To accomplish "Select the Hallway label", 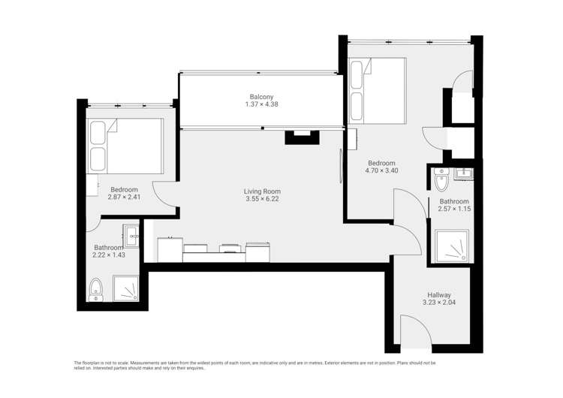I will pyautogui.click(x=439, y=295).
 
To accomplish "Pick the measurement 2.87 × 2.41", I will pyautogui.click(x=124, y=197).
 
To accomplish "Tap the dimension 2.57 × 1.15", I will pyautogui.click(x=454, y=210).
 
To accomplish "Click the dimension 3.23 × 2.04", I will pyautogui.click(x=439, y=303).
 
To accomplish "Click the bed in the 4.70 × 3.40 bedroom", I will pyautogui.click(x=378, y=89).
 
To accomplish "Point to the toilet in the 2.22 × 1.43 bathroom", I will pyautogui.click(x=95, y=289).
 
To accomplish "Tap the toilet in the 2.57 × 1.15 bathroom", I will pyautogui.click(x=440, y=179).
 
